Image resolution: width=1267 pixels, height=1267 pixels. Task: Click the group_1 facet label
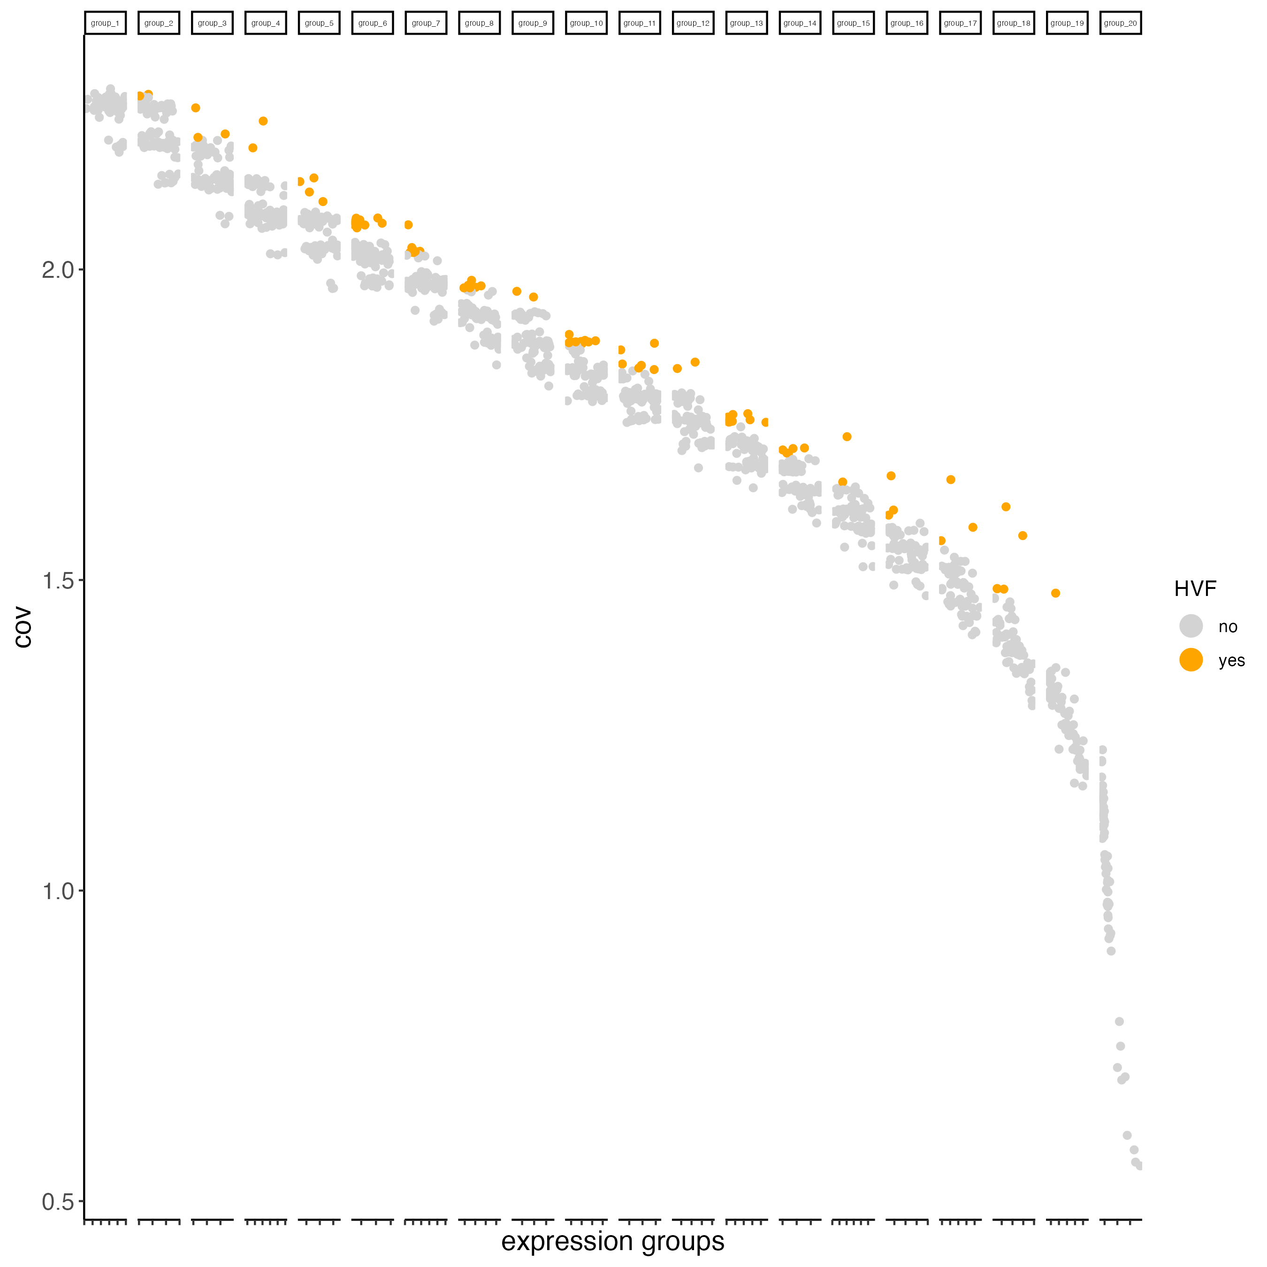coord(105,23)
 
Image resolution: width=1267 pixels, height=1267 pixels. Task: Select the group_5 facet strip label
coord(319,23)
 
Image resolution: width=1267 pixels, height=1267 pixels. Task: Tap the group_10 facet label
coord(586,23)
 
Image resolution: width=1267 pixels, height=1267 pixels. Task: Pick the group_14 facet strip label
coord(800,23)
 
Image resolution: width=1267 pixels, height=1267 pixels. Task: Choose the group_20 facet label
coord(1120,23)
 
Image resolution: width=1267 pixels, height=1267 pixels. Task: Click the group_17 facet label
coord(960,23)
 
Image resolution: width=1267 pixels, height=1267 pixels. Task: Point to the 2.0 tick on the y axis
coord(58,269)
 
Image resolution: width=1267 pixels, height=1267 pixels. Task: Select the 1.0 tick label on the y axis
coord(58,891)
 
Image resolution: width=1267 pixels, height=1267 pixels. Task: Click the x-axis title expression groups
coord(612,1241)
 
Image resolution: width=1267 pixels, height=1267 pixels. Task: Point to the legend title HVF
coord(1195,589)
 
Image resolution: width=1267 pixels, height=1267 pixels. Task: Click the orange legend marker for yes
coord(1191,660)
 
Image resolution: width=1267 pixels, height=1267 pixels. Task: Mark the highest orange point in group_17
coord(950,480)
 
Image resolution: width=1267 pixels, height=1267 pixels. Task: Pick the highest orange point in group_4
coord(263,121)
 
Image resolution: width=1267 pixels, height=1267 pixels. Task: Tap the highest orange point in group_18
coord(1005,506)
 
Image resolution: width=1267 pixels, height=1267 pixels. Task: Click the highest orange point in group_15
coord(847,437)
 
